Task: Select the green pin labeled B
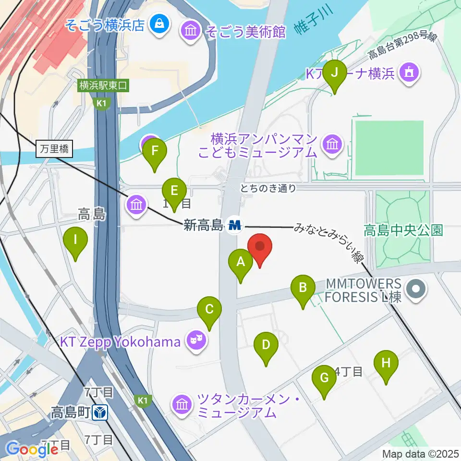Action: tap(303, 289)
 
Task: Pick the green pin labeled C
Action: tap(209, 310)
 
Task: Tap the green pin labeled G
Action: tap(324, 379)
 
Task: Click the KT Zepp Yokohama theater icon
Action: tap(197, 341)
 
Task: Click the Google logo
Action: tap(32, 449)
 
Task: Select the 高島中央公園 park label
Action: tap(403, 230)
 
